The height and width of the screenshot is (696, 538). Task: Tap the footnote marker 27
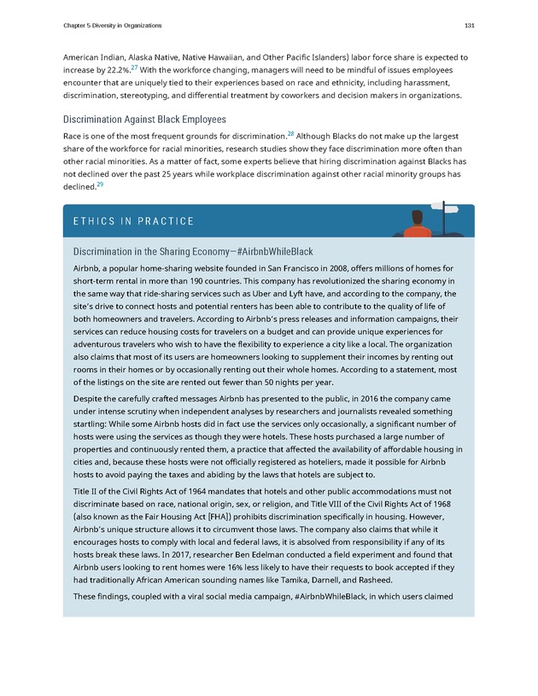coord(143,66)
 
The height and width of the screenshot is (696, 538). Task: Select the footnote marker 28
coord(289,134)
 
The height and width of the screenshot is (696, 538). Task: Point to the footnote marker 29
coord(100,185)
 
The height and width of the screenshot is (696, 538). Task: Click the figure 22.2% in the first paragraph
coord(120,69)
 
